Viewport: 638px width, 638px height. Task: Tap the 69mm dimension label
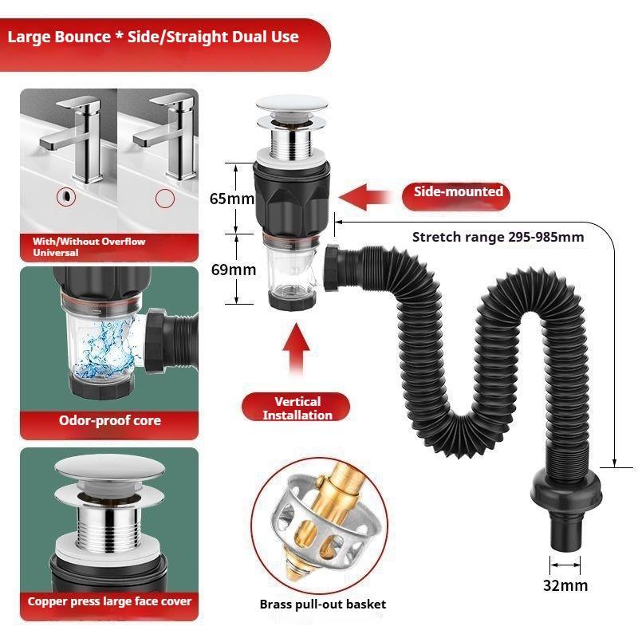(x=233, y=270)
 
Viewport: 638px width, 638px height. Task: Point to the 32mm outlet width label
(x=565, y=585)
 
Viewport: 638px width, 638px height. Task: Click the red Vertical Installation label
(x=297, y=408)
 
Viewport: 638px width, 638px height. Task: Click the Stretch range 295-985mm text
(x=498, y=237)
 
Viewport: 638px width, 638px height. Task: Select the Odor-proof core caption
(x=109, y=420)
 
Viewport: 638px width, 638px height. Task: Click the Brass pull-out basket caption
(x=322, y=604)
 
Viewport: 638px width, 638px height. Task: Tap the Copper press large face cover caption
(x=109, y=601)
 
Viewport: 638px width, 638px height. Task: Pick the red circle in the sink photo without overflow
(x=164, y=198)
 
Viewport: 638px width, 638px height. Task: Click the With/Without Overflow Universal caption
(x=88, y=246)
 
